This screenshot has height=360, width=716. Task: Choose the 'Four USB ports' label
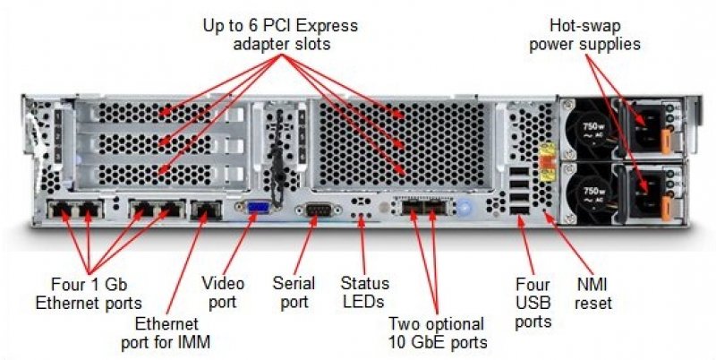pyautogui.click(x=532, y=303)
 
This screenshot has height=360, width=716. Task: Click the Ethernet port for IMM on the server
pyautogui.click(x=207, y=212)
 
